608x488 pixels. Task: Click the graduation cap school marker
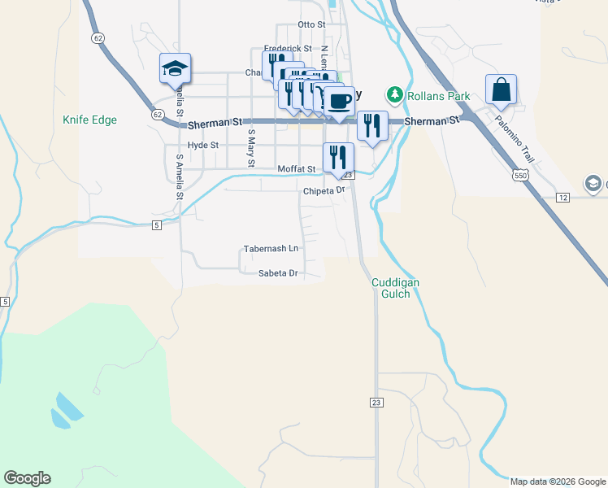[x=175, y=69]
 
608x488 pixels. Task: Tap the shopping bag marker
[x=502, y=91]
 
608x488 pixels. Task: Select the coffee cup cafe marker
[x=340, y=101]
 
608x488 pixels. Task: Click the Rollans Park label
[x=439, y=96]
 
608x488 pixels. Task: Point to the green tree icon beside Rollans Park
[x=396, y=95]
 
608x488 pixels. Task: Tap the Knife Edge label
[x=89, y=120]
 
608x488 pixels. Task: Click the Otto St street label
[x=311, y=25]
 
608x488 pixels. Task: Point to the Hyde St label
[x=203, y=145]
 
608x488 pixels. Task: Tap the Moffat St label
[x=296, y=169]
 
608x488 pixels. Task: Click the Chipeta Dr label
[x=324, y=191]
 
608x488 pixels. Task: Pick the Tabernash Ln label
[x=271, y=248]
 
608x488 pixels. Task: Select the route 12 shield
[x=562, y=198]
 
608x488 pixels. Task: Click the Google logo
[x=27, y=478]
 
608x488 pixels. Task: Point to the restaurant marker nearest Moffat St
[x=338, y=157]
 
